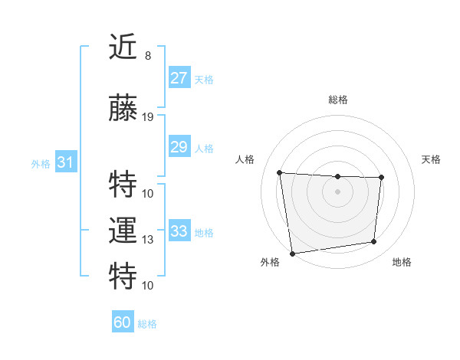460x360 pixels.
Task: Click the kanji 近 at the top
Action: tap(123, 48)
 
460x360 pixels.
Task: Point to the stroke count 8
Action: tap(147, 56)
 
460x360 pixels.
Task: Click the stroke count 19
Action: tap(148, 116)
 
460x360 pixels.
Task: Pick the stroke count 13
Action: tap(148, 240)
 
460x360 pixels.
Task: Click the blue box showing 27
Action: tap(179, 78)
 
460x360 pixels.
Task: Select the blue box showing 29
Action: tap(179, 147)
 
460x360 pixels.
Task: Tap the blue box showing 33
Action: tap(179, 231)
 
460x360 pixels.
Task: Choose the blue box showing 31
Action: tap(65, 162)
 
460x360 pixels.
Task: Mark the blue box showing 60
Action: tap(123, 322)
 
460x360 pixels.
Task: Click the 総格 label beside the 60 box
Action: tap(147, 324)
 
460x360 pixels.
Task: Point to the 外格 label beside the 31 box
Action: tap(41, 163)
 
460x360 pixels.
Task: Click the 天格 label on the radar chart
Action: tap(431, 159)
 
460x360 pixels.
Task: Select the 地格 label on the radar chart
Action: tap(402, 262)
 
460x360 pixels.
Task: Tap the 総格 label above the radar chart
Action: tap(337, 100)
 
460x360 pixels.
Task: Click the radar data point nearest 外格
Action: tap(292, 253)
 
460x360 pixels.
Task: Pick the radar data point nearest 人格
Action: tap(280, 172)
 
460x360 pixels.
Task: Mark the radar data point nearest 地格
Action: tap(374, 242)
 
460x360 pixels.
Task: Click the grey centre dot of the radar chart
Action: tap(337, 191)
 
